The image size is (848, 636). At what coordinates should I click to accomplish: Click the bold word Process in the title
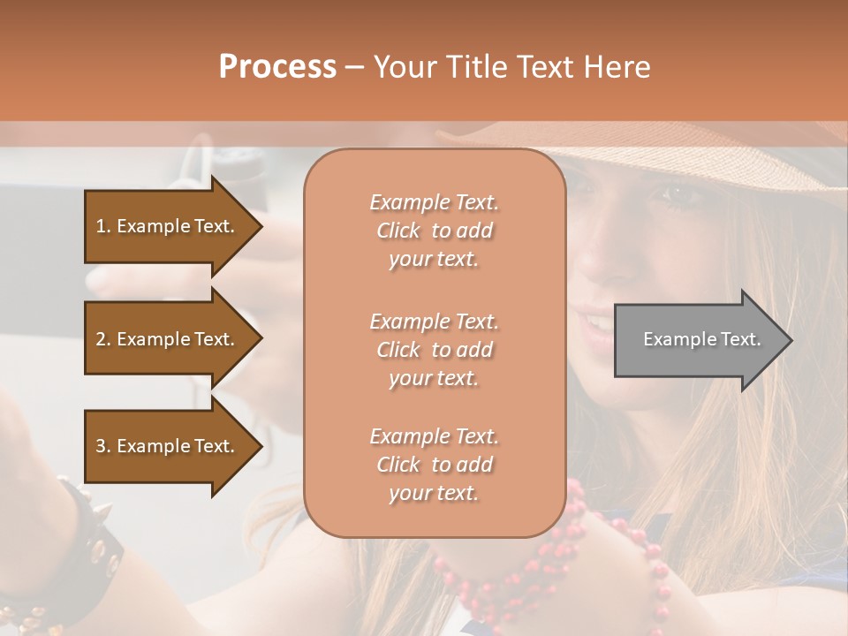pyautogui.click(x=277, y=66)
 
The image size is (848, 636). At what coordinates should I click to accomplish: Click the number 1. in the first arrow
pyautogui.click(x=102, y=226)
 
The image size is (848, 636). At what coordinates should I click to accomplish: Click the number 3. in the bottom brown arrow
pyautogui.click(x=102, y=446)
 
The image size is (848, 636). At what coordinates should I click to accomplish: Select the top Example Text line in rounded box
pyautogui.click(x=435, y=202)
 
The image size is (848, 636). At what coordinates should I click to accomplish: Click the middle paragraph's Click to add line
pyautogui.click(x=435, y=350)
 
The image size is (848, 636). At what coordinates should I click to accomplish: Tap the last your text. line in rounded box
pyautogui.click(x=435, y=493)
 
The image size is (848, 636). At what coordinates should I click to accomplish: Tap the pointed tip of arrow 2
pyautogui.click(x=261, y=339)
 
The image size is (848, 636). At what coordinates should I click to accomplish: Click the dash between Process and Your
pyautogui.click(x=355, y=67)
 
